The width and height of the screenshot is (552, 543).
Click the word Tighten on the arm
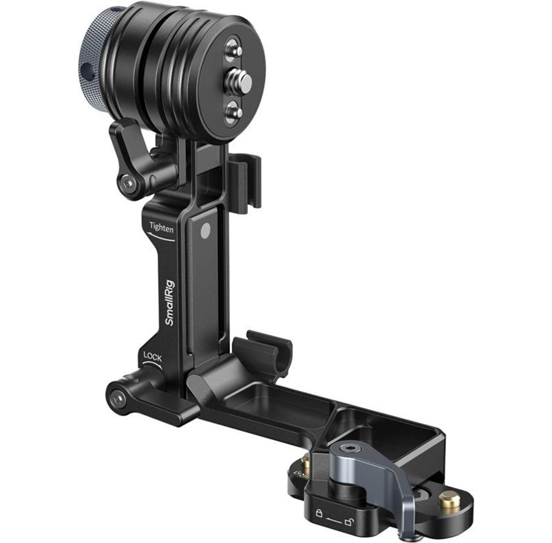(x=162, y=227)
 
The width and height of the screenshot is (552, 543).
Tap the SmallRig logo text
(x=170, y=302)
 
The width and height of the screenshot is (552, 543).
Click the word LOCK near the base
(x=153, y=357)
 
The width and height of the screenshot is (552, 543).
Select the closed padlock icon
(x=319, y=513)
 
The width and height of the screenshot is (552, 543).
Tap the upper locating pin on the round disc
(x=235, y=48)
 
